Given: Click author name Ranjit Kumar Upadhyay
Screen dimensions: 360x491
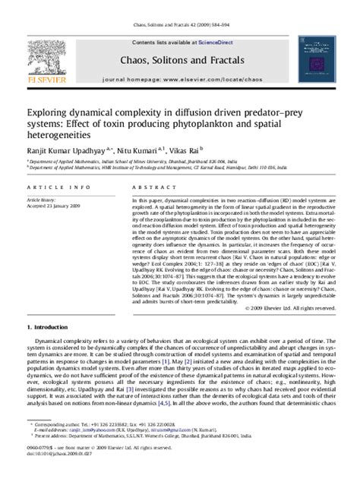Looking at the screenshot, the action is [67, 152].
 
